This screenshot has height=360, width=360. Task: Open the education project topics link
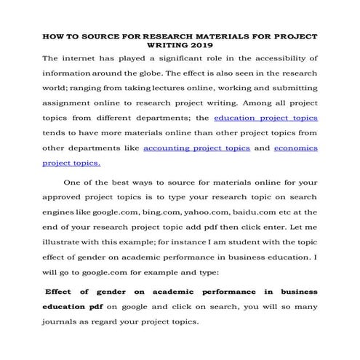pos(265,117)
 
